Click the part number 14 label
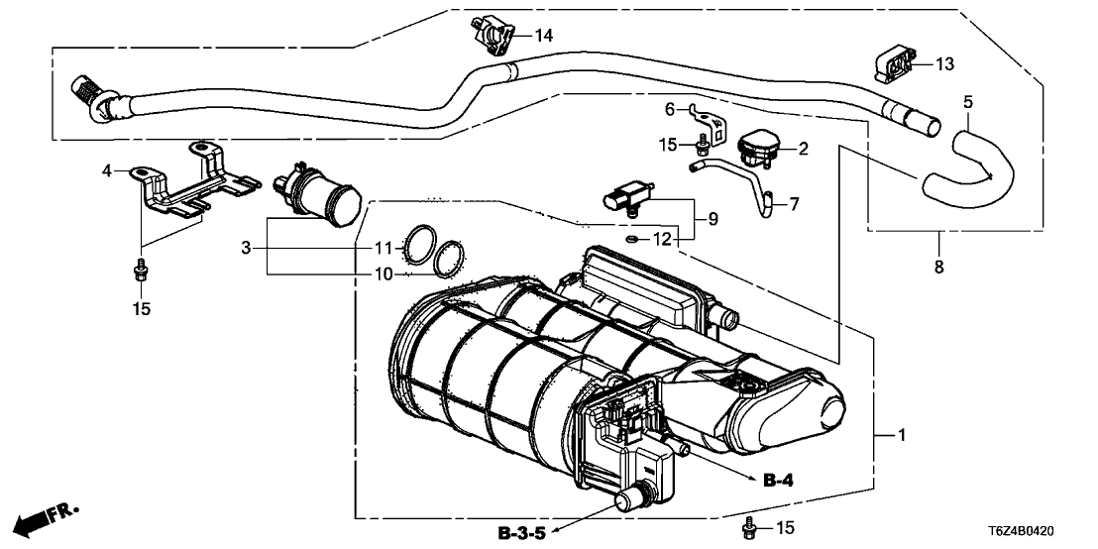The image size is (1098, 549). pos(544,36)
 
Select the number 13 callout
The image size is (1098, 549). pos(943,64)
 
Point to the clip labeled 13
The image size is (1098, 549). pos(894,64)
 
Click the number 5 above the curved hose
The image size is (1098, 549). pos(968,101)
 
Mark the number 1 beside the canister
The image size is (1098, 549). pos(901,435)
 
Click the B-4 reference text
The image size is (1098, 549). pos(779,482)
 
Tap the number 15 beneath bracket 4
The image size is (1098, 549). pos(141,309)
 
